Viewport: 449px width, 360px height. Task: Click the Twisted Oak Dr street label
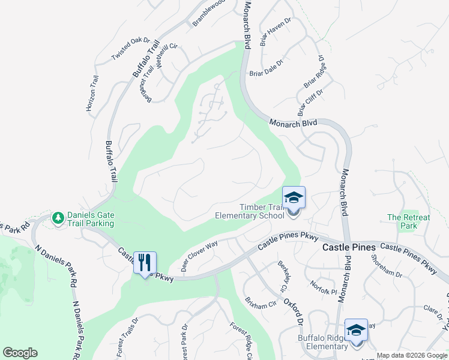[130, 49]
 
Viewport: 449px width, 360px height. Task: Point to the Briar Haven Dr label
[276, 32]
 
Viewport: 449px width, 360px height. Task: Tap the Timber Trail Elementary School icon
[294, 198]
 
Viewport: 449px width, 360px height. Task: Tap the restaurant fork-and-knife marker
[145, 262]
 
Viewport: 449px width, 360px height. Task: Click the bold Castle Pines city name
[349, 247]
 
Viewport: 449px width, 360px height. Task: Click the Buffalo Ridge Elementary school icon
[356, 331]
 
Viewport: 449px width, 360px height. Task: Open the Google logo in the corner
[20, 353]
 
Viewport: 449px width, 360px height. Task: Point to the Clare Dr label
[432, 310]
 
